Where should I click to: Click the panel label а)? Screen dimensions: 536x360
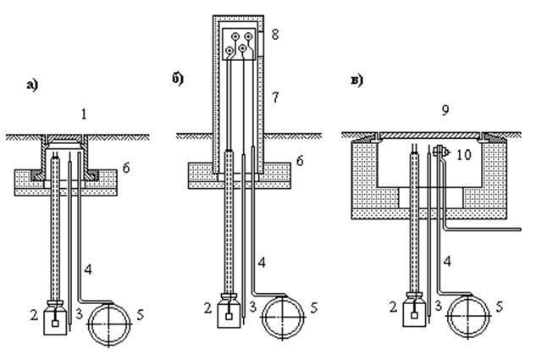click(x=32, y=85)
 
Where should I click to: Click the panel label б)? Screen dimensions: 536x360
click(x=178, y=79)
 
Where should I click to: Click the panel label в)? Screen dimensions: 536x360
click(x=356, y=81)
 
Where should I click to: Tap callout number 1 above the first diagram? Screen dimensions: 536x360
click(x=84, y=114)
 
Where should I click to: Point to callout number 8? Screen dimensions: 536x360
click(x=275, y=35)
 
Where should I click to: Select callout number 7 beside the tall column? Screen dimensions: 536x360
click(x=275, y=97)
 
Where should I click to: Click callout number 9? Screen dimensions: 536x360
click(x=445, y=110)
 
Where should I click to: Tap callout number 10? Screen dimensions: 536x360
click(x=464, y=155)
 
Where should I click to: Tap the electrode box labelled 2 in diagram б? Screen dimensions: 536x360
click(x=229, y=311)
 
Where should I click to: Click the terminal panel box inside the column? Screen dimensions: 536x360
click(x=239, y=44)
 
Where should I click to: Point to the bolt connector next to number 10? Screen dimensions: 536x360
click(x=440, y=151)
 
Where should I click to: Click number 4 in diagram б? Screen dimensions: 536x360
click(x=262, y=263)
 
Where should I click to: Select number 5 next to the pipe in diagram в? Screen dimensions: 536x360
click(x=500, y=307)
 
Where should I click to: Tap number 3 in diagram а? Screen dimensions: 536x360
click(x=79, y=313)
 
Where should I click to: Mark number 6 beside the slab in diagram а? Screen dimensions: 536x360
click(x=126, y=168)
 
